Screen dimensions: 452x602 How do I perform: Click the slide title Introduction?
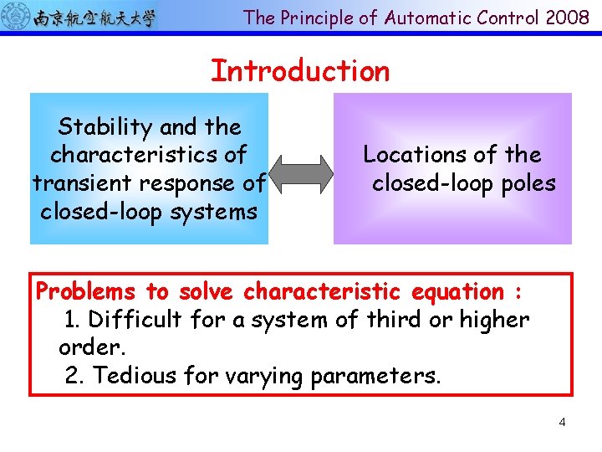coord(300,71)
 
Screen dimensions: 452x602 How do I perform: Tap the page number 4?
coord(562,422)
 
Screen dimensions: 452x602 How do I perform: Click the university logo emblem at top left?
coord(16,17)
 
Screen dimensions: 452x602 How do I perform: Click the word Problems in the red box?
coord(85,292)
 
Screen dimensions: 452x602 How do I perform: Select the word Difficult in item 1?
coord(134,320)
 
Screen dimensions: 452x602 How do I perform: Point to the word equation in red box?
coord(457,292)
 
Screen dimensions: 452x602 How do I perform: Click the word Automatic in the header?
coord(421,18)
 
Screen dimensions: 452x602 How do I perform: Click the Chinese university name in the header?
coord(94,18)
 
